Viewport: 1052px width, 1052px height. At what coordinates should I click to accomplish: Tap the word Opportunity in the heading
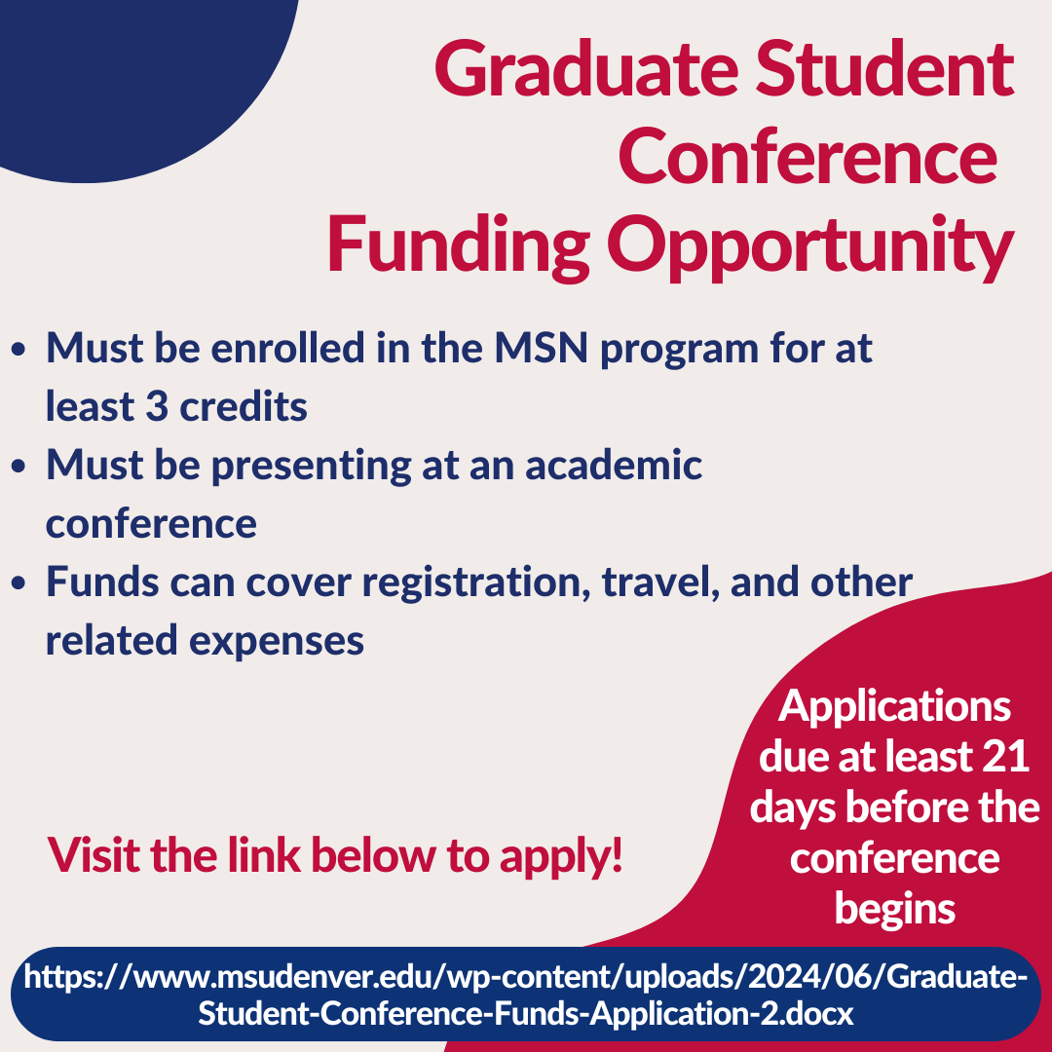point(810,246)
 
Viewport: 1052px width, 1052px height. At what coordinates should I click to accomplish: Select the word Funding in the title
point(458,246)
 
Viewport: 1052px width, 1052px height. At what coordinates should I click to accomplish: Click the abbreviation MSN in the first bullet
point(542,348)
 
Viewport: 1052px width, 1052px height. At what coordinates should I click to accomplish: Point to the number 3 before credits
point(156,406)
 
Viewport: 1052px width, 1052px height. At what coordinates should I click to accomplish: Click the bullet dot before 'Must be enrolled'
point(19,350)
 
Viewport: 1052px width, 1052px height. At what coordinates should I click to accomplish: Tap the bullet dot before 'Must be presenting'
point(19,467)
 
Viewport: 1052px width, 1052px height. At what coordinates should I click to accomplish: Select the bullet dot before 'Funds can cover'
point(19,583)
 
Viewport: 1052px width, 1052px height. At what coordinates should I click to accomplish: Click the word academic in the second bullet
point(614,465)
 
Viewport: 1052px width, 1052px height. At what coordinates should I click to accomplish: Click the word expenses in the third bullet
point(277,642)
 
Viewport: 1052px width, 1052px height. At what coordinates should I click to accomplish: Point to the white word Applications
point(894,707)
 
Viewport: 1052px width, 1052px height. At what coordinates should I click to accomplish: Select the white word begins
point(895,911)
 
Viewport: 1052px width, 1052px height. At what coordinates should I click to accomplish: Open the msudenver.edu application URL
point(526,995)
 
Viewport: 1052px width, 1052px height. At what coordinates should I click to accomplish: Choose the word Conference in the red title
point(808,157)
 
